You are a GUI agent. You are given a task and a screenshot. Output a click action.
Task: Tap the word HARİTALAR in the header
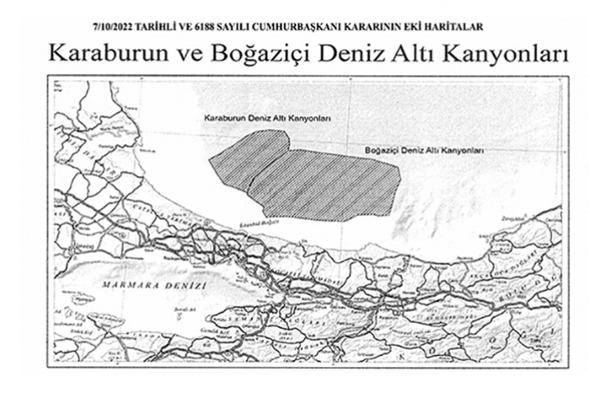(456, 27)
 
